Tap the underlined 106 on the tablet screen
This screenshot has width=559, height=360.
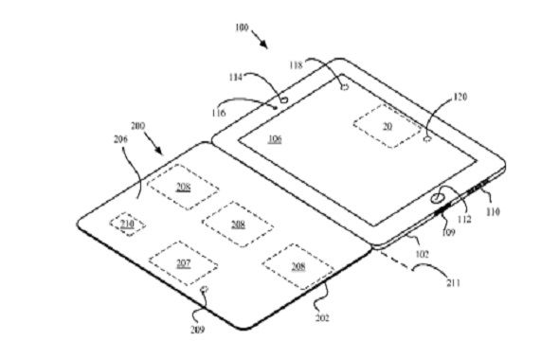275,138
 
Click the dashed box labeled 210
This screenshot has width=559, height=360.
126,224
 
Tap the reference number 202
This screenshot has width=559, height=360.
322,317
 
